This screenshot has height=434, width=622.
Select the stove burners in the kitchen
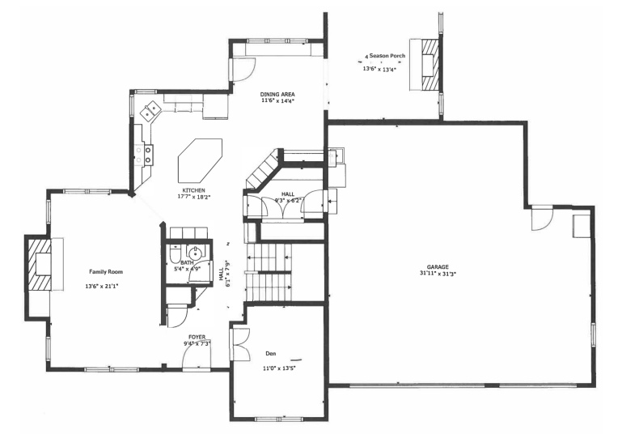point(148,154)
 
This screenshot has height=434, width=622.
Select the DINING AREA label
point(277,94)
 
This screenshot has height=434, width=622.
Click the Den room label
point(270,354)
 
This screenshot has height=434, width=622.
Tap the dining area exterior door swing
point(240,70)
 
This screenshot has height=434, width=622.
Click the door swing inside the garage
point(540,220)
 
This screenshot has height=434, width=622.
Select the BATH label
point(188,262)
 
